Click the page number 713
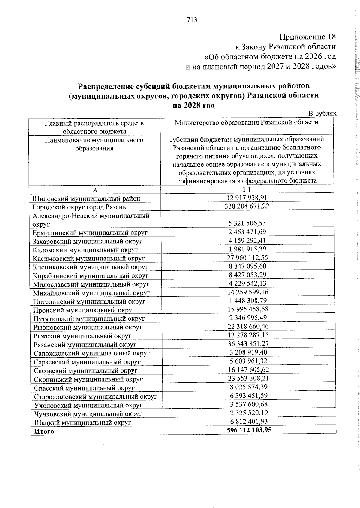pos(192,20)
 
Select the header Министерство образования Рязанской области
pos(246,122)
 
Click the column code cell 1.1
pos(247,189)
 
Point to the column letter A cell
pos(95,190)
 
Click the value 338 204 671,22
pos(247,206)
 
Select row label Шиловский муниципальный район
pos(86,198)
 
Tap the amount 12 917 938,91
pos(247,198)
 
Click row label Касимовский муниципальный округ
pos(89,258)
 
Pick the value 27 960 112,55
pos(247,257)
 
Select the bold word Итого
pos(44,431)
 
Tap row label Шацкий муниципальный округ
pos(82,423)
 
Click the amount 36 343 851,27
pos(247,344)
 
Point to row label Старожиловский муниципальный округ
pos(100,397)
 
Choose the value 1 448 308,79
pos(247,301)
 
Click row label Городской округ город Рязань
pos(79,207)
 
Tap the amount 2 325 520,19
pos(247,413)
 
